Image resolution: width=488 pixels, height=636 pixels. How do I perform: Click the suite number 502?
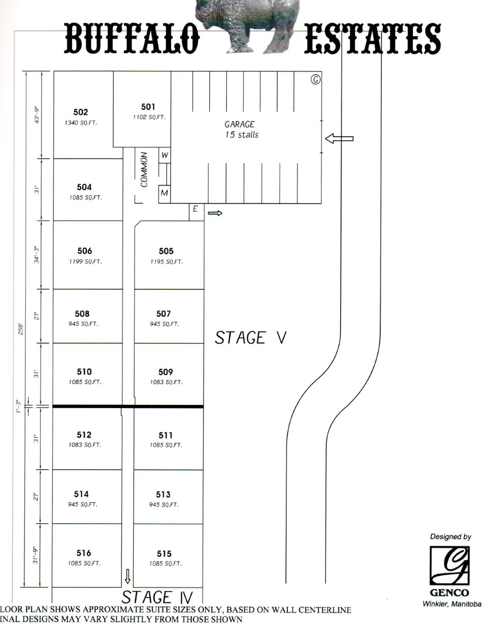[x=81, y=112]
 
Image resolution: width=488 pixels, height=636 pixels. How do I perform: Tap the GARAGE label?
[x=239, y=124]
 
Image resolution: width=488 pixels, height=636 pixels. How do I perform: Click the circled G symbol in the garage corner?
[x=315, y=79]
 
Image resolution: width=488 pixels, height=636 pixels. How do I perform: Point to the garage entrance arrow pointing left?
[x=339, y=138]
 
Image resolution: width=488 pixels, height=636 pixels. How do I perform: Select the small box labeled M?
[x=164, y=193]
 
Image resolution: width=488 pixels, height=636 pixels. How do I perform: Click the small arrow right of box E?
[x=215, y=213]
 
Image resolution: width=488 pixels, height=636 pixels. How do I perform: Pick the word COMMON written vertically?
[x=144, y=169]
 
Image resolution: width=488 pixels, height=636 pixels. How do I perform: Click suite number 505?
[x=166, y=251]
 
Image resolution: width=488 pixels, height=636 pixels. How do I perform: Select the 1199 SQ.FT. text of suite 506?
[x=85, y=262]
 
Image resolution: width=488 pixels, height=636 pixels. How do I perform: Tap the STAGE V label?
[x=250, y=338]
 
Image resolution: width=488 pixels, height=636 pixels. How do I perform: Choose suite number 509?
[x=165, y=372]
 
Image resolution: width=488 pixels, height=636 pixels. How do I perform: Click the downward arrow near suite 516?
[x=128, y=576]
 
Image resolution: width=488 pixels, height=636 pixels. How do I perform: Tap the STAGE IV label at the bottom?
[x=157, y=597]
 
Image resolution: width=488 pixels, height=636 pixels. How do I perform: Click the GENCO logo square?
[x=449, y=566]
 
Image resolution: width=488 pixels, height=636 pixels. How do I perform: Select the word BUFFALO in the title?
[x=131, y=39]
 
